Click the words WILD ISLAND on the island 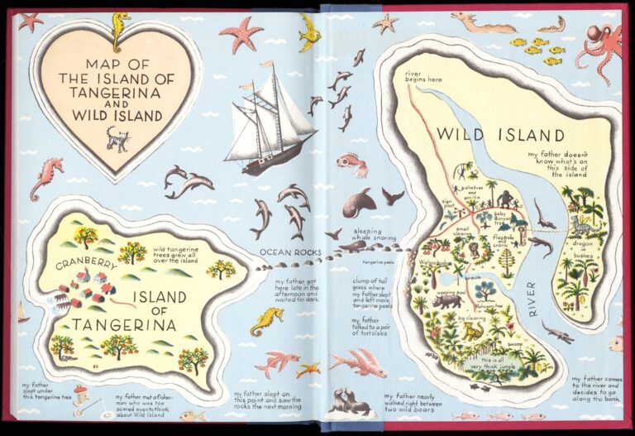[x=500, y=135]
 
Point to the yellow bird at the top [x=309, y=31]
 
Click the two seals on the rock [x=351, y=402]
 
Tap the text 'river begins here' [x=423, y=76]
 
